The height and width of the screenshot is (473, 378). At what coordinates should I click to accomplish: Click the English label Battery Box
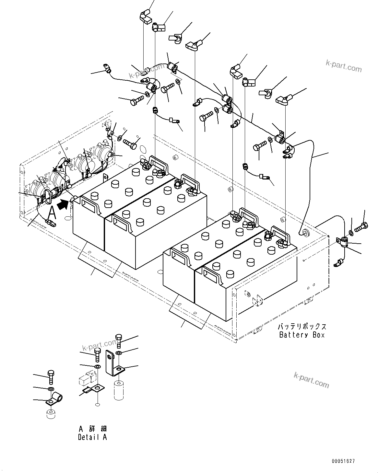[x=301, y=335]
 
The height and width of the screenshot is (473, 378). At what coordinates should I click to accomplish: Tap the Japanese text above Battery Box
[x=301, y=327]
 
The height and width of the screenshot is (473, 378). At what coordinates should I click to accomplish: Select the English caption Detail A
[x=92, y=437]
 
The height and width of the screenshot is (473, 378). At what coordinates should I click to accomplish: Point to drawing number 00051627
[x=343, y=461]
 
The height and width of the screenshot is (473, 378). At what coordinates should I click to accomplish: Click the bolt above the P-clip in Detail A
[x=51, y=377]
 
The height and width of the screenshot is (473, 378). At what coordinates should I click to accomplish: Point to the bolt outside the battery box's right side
[x=361, y=227]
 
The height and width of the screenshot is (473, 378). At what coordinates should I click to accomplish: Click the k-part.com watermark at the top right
[x=344, y=66]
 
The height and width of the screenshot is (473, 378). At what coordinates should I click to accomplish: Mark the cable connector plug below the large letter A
[x=50, y=223]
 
